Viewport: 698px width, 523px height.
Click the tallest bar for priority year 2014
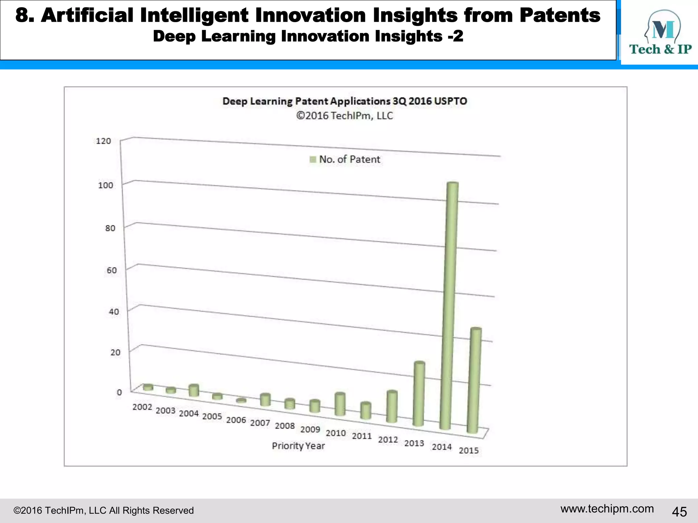click(449, 306)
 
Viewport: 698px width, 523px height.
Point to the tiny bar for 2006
click(241, 401)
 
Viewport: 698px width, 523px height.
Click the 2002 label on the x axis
click(142, 407)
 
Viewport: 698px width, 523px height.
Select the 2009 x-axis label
click(310, 429)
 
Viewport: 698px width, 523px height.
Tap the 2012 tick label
click(388, 440)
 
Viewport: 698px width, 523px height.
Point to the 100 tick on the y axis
click(105, 185)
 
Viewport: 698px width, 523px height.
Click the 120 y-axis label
click(103, 141)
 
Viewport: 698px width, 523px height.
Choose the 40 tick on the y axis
click(114, 312)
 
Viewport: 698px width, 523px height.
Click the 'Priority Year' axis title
click(298, 446)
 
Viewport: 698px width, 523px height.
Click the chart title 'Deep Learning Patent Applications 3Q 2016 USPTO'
click(345, 101)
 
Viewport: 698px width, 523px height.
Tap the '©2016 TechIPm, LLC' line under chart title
click(345, 116)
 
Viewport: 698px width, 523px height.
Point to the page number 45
click(679, 511)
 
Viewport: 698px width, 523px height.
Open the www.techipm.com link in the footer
click(607, 509)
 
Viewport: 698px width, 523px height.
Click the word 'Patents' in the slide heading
click(560, 15)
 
